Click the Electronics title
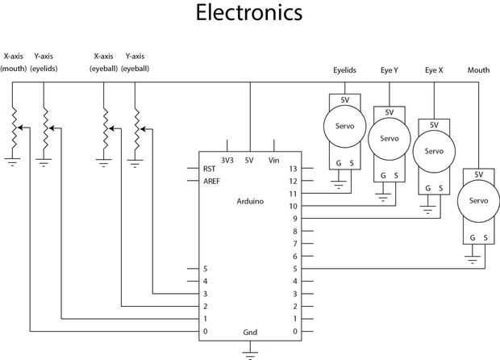point(250,14)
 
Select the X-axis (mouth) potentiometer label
point(13,63)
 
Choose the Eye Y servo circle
point(390,138)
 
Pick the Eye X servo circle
point(434,151)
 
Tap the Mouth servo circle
point(478,200)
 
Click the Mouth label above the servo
point(478,71)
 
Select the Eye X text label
point(434,71)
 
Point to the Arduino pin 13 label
point(294,169)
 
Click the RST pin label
point(209,169)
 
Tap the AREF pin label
point(211,181)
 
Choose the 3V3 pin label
point(227,160)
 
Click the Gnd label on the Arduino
point(250,332)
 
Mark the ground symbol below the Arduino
point(250,352)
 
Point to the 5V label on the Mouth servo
point(478,174)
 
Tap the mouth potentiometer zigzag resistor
point(13,129)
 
